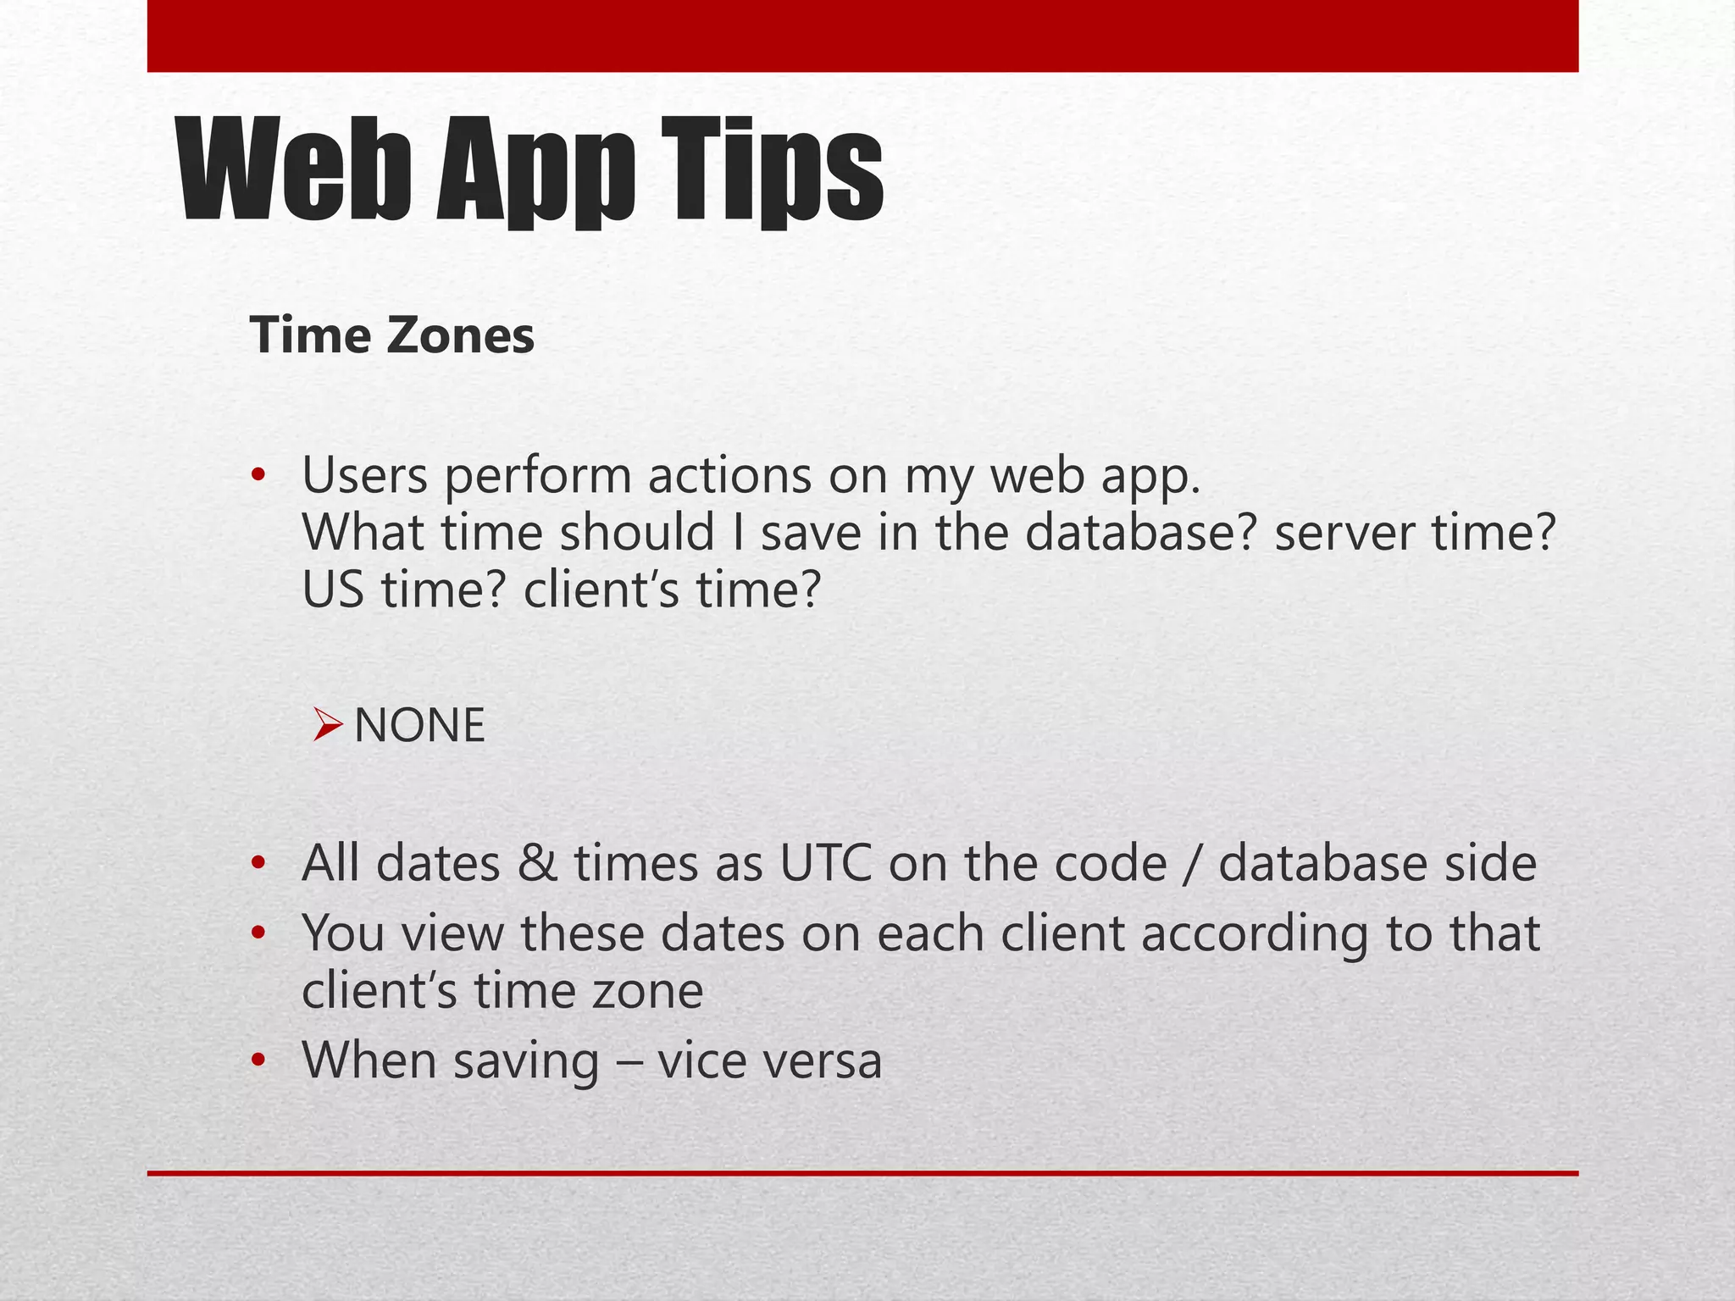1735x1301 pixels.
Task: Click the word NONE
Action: [419, 726]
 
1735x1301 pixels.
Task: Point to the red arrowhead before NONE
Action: [326, 725]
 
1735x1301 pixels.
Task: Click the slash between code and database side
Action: [1192, 864]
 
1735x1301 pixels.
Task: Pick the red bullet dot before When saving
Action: [258, 1060]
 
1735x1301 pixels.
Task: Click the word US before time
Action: [333, 590]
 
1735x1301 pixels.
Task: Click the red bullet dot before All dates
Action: [258, 864]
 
